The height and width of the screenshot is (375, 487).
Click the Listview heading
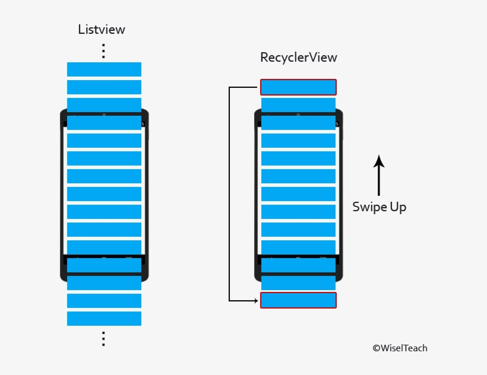(102, 29)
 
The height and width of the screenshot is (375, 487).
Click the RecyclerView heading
(298, 58)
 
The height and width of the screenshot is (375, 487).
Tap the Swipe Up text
(379, 206)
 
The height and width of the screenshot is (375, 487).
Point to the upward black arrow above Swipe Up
(379, 174)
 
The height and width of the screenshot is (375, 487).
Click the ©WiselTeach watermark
(400, 348)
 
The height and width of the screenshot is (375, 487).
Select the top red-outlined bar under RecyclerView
(298, 87)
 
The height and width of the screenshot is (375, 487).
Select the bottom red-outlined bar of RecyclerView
(298, 300)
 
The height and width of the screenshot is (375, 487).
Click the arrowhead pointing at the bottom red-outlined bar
(256, 301)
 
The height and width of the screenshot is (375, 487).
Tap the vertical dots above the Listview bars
(103, 51)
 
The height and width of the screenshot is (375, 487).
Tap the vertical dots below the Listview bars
(103, 339)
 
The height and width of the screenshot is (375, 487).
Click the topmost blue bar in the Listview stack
(104, 69)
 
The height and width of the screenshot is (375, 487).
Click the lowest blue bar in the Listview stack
(104, 319)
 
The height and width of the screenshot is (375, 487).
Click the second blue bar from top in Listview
(104, 87)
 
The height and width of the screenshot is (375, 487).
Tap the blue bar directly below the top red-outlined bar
(298, 105)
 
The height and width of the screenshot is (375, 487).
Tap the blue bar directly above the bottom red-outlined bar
(298, 282)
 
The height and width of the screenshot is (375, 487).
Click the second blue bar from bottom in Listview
(104, 301)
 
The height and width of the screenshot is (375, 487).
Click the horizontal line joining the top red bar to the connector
(245, 88)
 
